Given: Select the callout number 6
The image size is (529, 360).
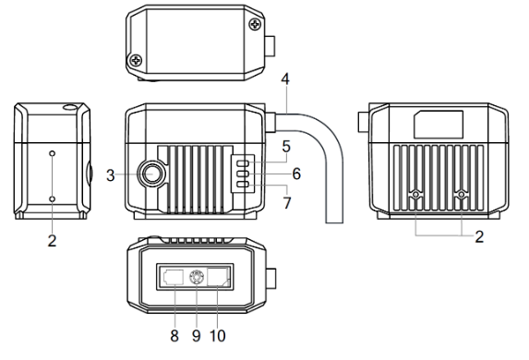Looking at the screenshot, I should point(297,173).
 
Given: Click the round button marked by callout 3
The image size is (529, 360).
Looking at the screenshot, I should point(150,172).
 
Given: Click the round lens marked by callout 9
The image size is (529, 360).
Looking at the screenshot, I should point(195,276).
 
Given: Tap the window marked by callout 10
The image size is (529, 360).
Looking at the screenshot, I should point(219,276).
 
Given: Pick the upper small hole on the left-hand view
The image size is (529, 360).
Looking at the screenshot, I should point(52,152).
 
